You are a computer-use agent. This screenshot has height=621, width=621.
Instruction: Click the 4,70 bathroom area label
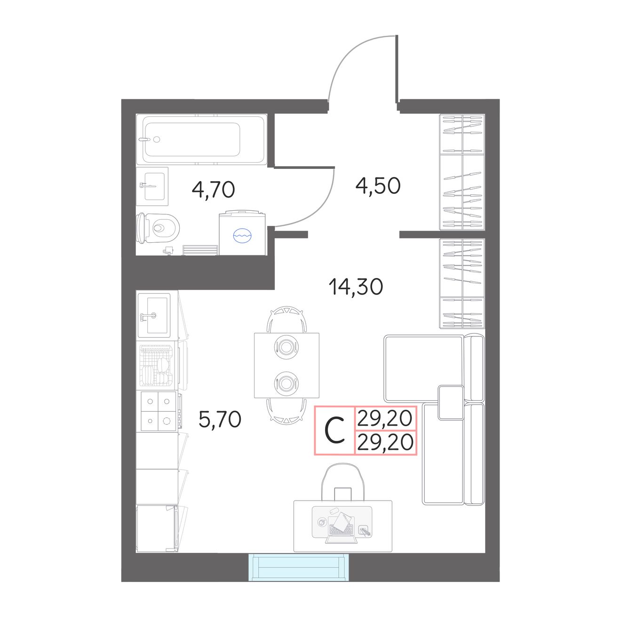[x=213, y=190]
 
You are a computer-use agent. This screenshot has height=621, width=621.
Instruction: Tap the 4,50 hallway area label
[x=378, y=186]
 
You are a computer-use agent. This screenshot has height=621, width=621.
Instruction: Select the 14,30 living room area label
[x=356, y=287]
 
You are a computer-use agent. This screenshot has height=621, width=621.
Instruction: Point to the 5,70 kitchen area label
[x=220, y=420]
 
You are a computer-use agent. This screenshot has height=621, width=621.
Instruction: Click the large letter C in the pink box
[x=335, y=430]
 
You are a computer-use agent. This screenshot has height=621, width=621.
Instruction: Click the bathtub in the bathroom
[x=202, y=139]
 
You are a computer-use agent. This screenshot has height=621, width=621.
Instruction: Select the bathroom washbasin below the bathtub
[x=152, y=186]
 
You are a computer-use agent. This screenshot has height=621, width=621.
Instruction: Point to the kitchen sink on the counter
[x=154, y=315]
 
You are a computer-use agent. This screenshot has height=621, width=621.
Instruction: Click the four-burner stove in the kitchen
[x=158, y=411]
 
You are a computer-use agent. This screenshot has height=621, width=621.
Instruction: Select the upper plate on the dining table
[x=286, y=347]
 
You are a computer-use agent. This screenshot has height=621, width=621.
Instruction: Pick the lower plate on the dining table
[x=286, y=383]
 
